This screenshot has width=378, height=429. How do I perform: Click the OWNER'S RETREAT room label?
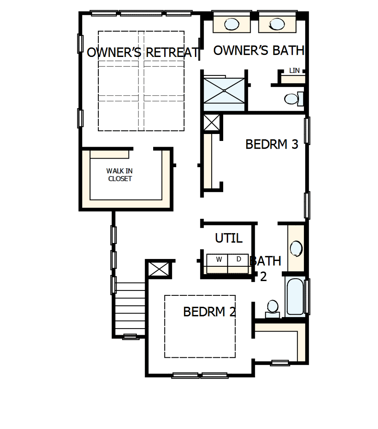point(143,52)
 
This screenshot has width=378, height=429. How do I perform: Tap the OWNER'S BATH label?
point(259,50)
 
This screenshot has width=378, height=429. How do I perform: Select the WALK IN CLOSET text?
point(120,175)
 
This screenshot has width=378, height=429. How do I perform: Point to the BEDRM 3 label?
point(272,144)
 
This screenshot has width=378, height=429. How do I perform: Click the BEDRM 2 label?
point(209,312)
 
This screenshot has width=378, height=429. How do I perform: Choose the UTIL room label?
point(229,238)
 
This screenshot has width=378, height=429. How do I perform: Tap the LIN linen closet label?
point(294,70)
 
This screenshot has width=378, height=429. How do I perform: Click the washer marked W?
point(219,259)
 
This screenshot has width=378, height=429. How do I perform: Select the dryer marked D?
point(239,259)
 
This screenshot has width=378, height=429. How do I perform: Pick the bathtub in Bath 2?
point(295,296)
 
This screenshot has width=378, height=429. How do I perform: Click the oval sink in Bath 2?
point(296,249)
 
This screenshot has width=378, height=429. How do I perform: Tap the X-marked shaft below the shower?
point(212,123)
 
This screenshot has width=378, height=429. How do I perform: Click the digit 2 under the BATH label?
point(263,277)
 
